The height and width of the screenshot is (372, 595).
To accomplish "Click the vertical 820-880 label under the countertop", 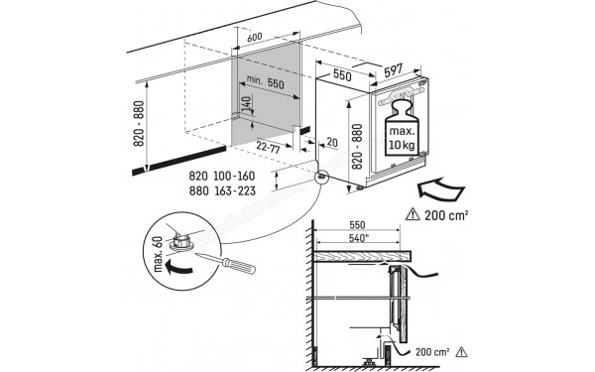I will point(140,125).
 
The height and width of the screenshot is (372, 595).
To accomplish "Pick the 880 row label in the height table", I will point(198,190).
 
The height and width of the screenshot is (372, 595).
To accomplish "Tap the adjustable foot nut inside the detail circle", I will point(185,238).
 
